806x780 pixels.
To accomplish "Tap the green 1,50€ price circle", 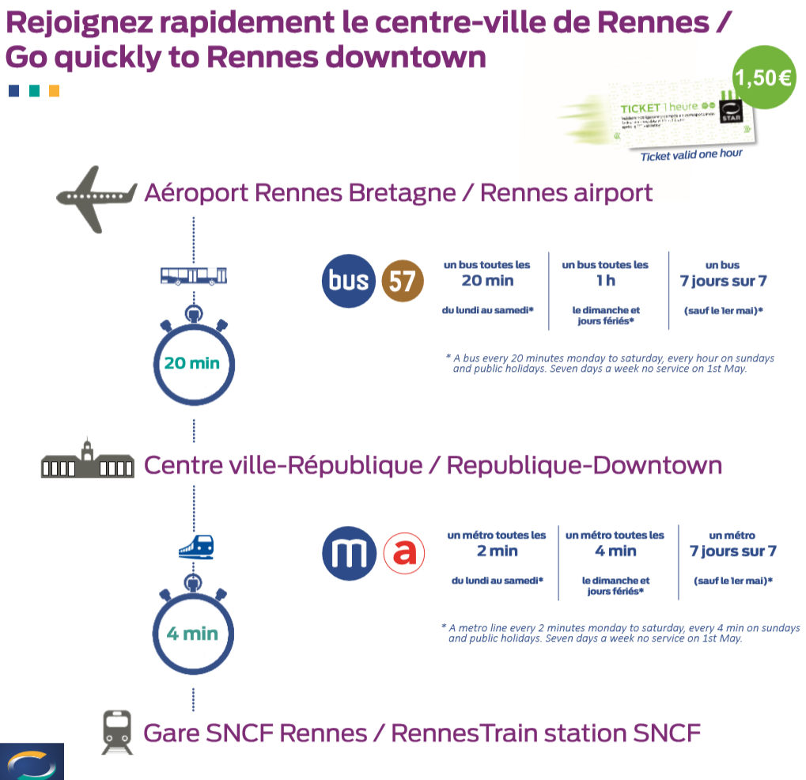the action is [763, 78].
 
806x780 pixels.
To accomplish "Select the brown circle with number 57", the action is [403, 281].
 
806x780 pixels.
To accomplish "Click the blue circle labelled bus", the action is [349, 281].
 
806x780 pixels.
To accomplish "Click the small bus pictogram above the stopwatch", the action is [193, 275].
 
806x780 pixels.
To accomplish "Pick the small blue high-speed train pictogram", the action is [195, 546].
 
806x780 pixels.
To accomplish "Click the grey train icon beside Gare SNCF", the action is [117, 732].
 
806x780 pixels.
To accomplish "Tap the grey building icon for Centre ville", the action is [87, 460].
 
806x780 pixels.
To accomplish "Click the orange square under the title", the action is [54, 91].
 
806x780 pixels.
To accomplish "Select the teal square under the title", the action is [34, 91].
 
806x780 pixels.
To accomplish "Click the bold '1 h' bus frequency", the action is [605, 280].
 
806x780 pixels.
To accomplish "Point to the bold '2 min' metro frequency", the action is [497, 551].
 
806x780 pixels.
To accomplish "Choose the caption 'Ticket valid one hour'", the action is [691, 154].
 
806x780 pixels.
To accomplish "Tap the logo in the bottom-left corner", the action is [32, 761].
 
